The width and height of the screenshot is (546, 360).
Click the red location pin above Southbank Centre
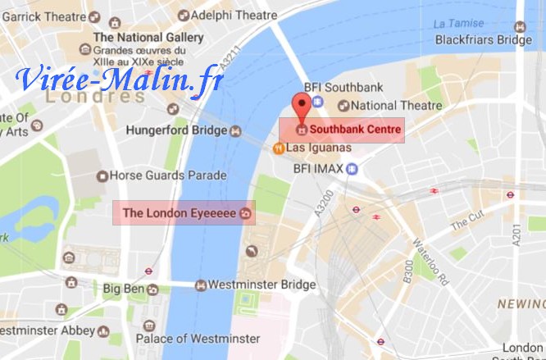click(303, 107)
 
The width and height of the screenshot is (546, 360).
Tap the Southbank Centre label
click(355, 130)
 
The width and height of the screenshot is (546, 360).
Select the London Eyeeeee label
click(180, 213)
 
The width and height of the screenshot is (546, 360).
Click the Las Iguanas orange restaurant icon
click(279, 148)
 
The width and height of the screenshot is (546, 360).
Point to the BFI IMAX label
click(319, 169)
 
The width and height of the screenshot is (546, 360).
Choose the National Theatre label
click(397, 105)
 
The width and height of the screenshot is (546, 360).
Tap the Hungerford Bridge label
click(176, 130)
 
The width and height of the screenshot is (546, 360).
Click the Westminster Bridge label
click(262, 285)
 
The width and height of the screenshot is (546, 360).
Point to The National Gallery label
click(148, 38)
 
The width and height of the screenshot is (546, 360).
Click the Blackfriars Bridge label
click(483, 39)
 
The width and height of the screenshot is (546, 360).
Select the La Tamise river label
click(455, 23)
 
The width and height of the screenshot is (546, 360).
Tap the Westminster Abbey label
click(45, 330)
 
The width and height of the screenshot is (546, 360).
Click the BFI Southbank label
click(354, 87)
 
